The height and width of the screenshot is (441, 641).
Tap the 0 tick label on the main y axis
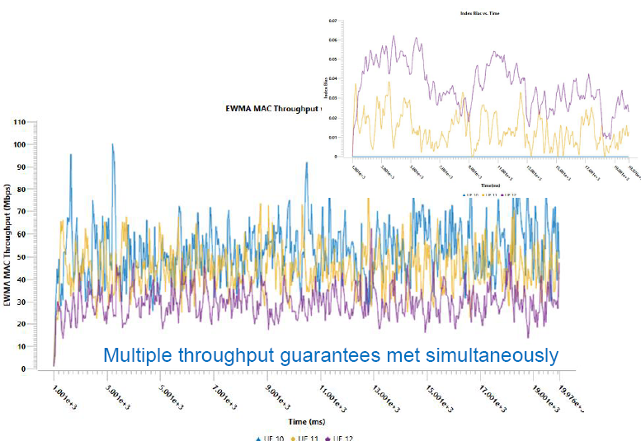point(25,369)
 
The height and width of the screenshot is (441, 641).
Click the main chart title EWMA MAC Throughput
point(271,108)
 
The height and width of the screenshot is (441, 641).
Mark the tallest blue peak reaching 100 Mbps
point(112,145)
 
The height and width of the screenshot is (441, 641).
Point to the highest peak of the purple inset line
point(394,36)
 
